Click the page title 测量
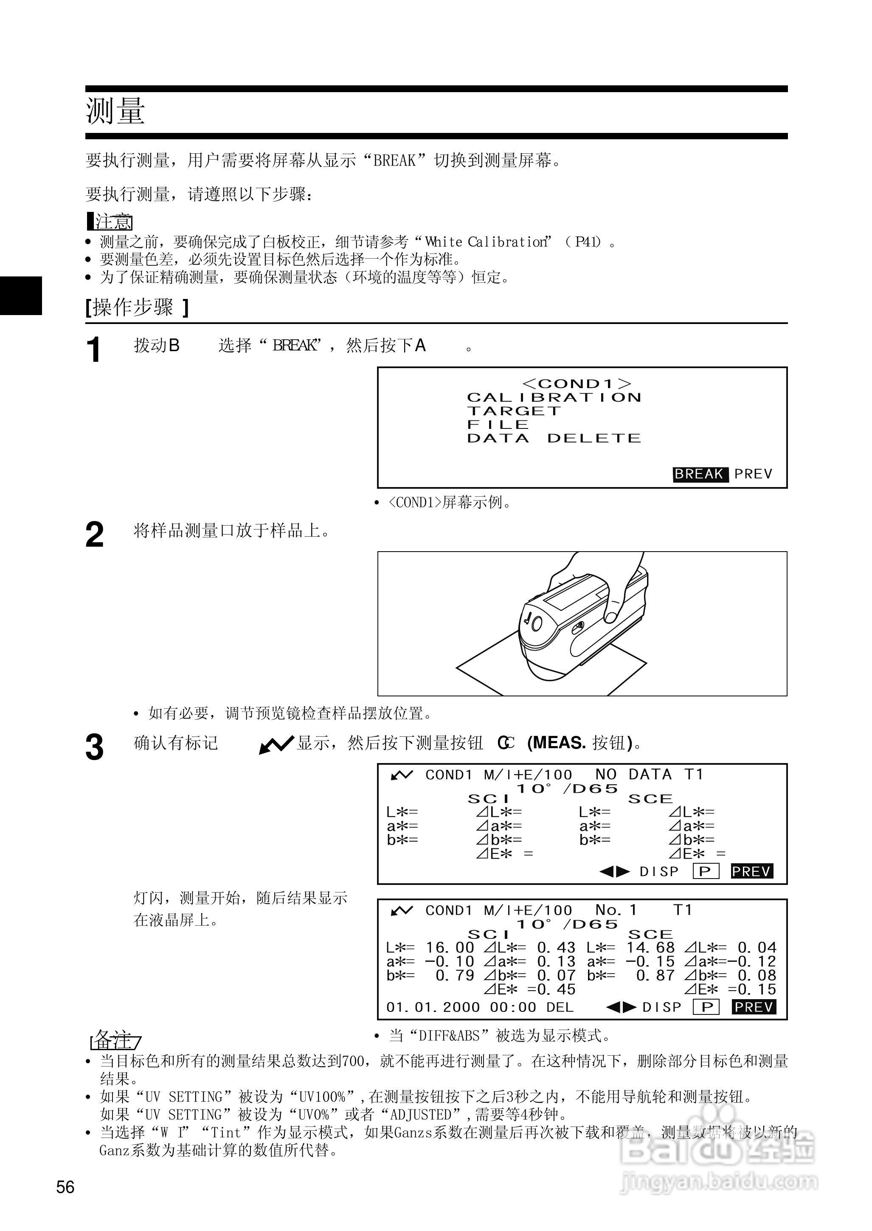[115, 112]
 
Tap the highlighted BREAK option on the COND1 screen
[700, 474]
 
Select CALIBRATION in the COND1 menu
[554, 397]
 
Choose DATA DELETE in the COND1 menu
[554, 438]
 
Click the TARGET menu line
[514, 411]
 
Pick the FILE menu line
[498, 424]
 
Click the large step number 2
[95, 535]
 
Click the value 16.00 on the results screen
[450, 947]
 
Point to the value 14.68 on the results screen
[650, 947]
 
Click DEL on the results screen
[560, 1007]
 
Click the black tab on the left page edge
[20, 296]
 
